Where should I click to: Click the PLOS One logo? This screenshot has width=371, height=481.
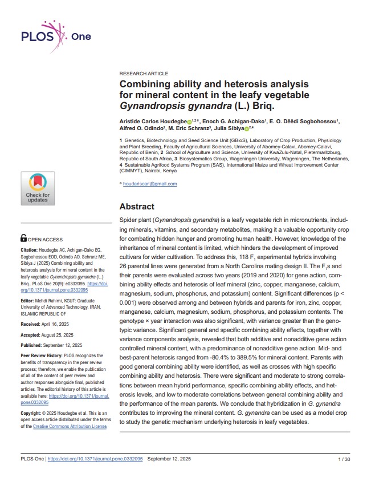(x=56, y=38)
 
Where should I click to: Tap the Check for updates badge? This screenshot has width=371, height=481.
(x=38, y=188)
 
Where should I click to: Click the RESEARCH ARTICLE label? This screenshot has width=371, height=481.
(x=144, y=74)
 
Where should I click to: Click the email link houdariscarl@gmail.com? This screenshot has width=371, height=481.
(x=150, y=184)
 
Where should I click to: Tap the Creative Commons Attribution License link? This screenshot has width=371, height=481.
(x=78, y=427)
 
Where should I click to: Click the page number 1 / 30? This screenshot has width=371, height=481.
(x=344, y=459)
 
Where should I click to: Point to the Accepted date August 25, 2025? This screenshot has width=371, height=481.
(x=58, y=335)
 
